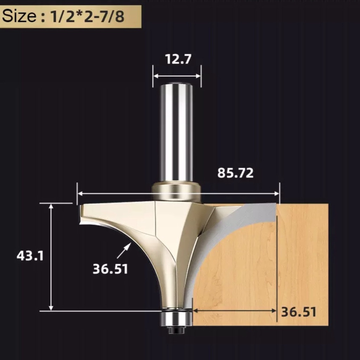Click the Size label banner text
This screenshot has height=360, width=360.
tap(63, 16)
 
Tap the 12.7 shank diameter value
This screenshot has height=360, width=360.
tap(178, 59)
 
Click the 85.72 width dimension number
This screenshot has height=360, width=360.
tap(235, 173)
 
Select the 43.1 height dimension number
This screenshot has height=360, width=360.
tap(30, 256)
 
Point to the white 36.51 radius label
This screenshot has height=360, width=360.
tap(110, 269)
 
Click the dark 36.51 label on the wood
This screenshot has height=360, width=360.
tap(299, 312)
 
